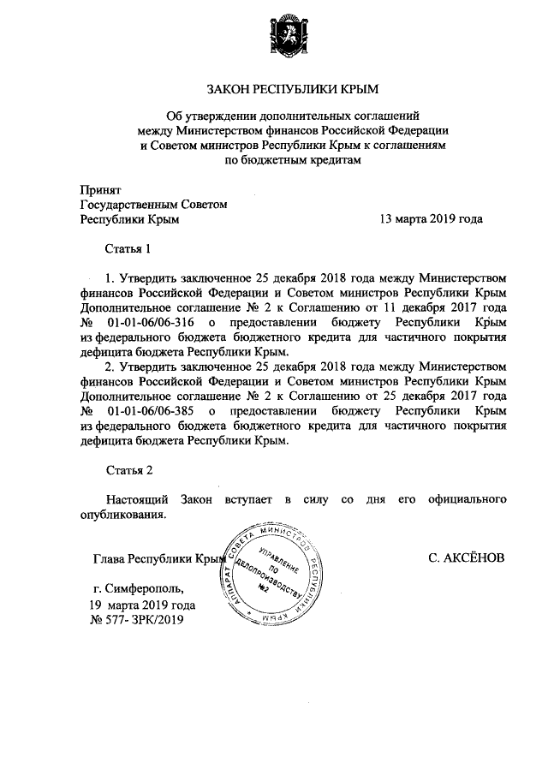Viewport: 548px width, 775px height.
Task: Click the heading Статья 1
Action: point(128,249)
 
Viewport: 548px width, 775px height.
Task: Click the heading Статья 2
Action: point(128,470)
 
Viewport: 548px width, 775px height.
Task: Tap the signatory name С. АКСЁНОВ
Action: point(466,558)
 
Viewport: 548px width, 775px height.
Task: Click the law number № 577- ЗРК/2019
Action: point(136,619)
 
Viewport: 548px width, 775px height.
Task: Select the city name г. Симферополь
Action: point(139,589)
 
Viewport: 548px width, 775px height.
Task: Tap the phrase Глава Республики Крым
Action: point(158,559)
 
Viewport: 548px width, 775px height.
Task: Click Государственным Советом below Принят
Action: point(153,204)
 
